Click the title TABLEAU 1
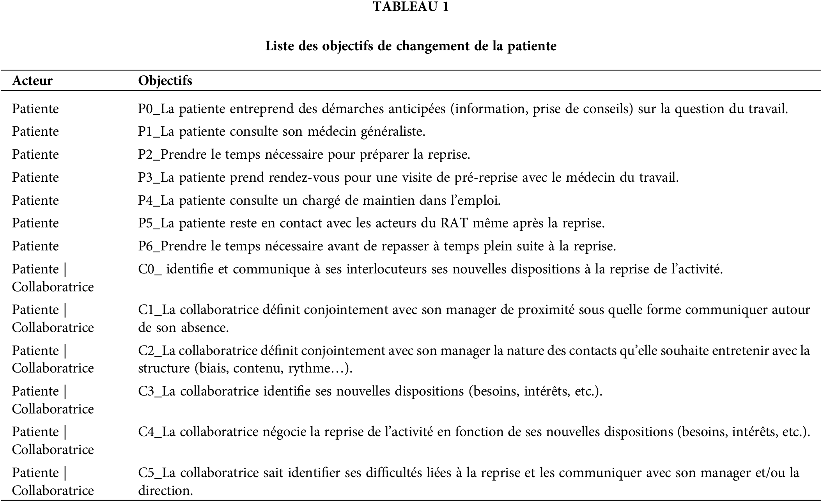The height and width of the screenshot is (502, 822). (x=411, y=7)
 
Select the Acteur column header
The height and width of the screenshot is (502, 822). (x=32, y=81)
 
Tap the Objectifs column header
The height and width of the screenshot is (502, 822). (x=165, y=81)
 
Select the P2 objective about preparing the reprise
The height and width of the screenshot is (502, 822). (x=304, y=155)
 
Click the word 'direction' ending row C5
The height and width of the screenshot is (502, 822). (x=165, y=491)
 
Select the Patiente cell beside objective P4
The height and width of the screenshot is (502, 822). (x=35, y=200)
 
